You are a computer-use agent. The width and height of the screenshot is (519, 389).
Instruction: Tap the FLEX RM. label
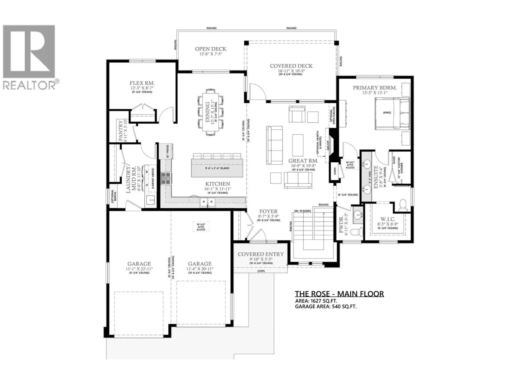click(x=142, y=83)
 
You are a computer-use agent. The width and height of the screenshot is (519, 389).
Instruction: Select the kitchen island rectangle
click(x=217, y=168)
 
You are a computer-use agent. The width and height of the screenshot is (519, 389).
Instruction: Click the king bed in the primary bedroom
click(x=392, y=113)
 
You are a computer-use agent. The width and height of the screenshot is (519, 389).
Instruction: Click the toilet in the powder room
click(x=356, y=232)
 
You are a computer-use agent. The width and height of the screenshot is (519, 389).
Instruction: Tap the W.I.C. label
click(x=388, y=219)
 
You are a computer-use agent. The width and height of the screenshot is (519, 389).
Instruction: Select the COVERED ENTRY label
click(x=261, y=254)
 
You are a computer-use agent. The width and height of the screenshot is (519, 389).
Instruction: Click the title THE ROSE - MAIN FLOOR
click(x=339, y=294)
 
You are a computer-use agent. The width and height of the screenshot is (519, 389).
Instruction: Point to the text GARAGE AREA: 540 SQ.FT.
click(x=325, y=307)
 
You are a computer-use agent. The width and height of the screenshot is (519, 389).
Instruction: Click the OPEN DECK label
click(x=211, y=49)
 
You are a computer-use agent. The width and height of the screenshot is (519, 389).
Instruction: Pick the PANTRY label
click(x=121, y=130)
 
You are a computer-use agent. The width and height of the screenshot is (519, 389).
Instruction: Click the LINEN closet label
click(x=335, y=171)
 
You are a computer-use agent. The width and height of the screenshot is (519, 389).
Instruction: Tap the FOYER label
click(x=268, y=212)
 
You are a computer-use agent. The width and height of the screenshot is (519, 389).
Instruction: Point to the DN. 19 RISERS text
click(x=302, y=211)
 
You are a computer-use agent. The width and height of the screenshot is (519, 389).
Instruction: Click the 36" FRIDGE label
click(x=168, y=152)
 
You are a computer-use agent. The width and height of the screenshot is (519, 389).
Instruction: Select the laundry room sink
click(x=151, y=200)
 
